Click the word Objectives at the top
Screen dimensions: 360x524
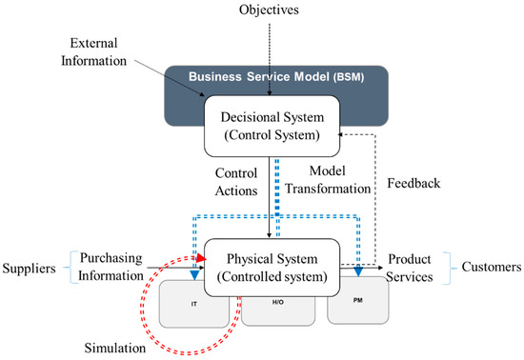270,10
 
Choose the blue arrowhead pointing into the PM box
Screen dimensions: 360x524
357,274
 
